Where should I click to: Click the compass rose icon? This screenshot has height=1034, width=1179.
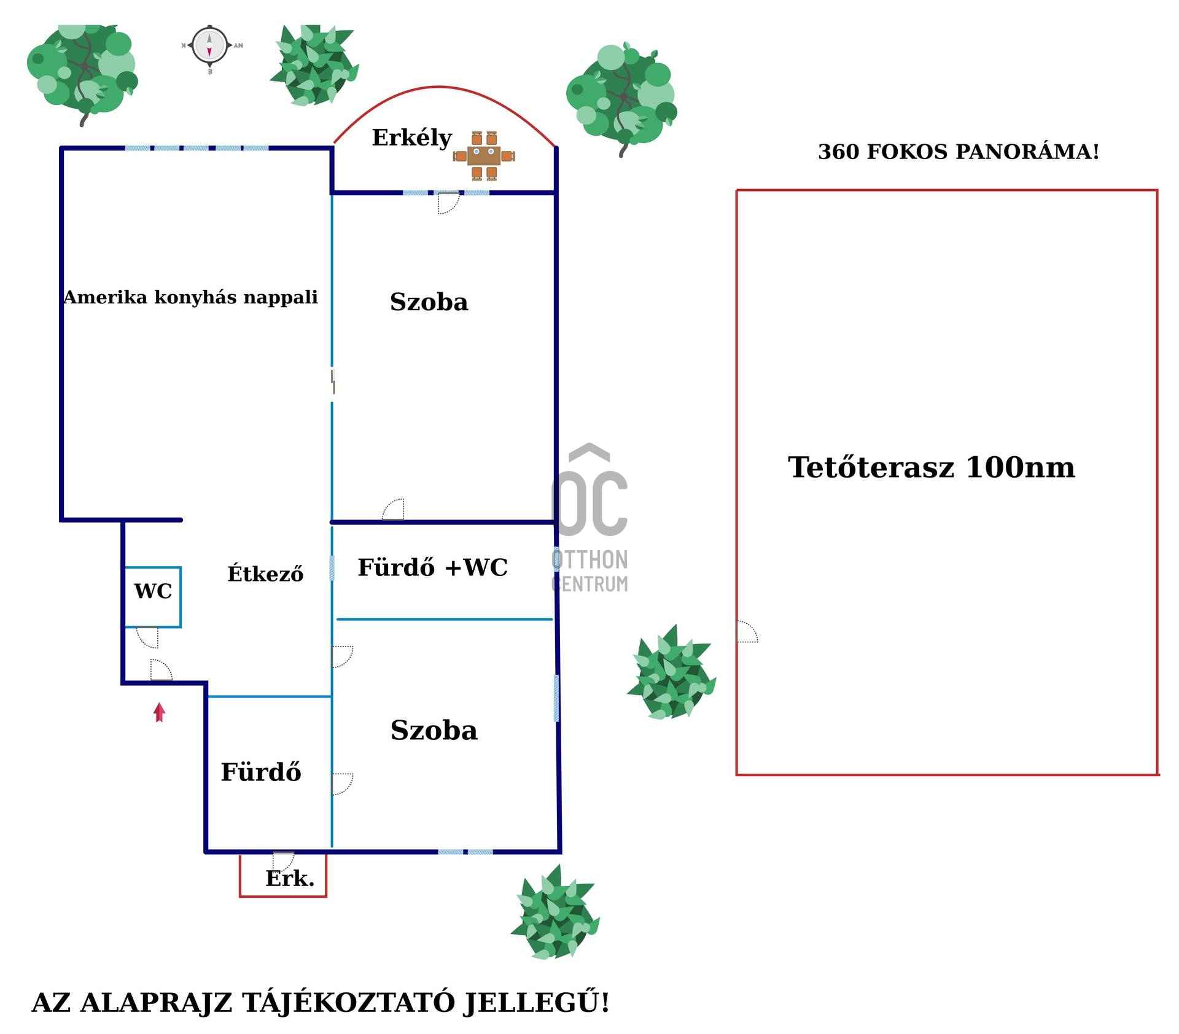(x=209, y=45)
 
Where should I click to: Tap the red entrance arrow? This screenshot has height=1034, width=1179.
(x=159, y=712)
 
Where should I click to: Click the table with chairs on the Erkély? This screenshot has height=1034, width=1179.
(x=484, y=156)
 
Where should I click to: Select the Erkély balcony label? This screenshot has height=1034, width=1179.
(x=411, y=138)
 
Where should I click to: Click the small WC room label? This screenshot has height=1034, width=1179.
(x=153, y=591)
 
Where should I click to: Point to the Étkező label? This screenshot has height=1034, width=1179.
(x=265, y=573)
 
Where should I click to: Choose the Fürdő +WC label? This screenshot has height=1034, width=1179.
(x=432, y=567)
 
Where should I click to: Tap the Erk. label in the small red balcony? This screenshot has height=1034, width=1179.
(x=289, y=878)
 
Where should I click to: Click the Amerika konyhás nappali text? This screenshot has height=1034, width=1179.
(x=190, y=297)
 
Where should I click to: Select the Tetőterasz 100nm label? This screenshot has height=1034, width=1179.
(x=931, y=467)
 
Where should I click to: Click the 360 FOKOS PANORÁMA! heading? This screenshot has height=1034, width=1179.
(x=958, y=152)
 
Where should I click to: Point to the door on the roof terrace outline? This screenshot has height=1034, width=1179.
(x=747, y=632)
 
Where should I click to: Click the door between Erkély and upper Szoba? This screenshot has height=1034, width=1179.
(x=448, y=203)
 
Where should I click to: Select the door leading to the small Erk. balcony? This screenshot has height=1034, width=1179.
(x=283, y=860)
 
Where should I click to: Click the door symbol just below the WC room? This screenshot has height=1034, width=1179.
(x=148, y=637)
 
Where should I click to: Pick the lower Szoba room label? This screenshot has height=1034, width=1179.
(x=434, y=730)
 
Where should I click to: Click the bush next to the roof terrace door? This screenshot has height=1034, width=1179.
(x=671, y=673)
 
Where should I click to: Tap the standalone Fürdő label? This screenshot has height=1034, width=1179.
(x=260, y=772)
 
